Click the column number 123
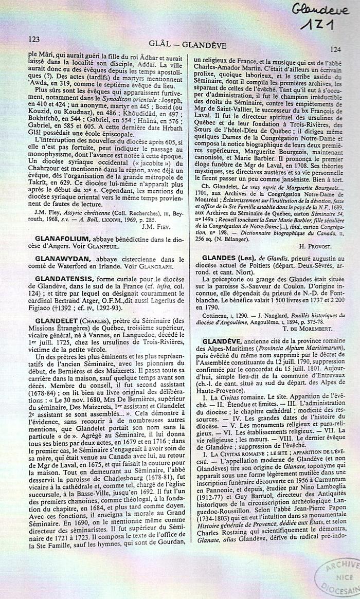pos(34,39)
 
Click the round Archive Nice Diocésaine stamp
pos(338,576)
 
